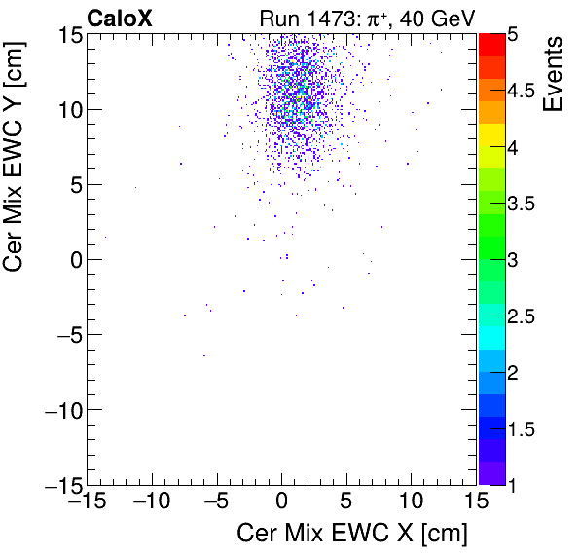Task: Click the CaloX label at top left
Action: click(x=122, y=17)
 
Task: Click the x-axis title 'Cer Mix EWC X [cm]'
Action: click(x=352, y=534)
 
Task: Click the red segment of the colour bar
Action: click(x=490, y=43)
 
